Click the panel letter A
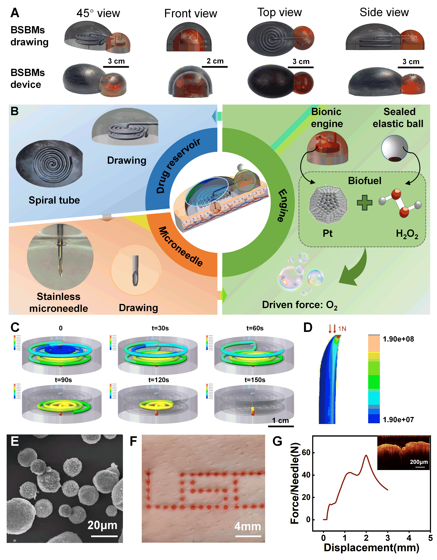(x=15, y=13)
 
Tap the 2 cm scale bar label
(x=215, y=61)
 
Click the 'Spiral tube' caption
(x=54, y=200)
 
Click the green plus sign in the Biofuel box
(x=364, y=203)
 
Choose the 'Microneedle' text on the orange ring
(x=181, y=246)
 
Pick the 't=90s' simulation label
(x=63, y=380)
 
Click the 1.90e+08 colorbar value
(x=398, y=339)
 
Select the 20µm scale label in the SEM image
(x=102, y=525)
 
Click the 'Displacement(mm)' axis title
(x=371, y=547)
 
